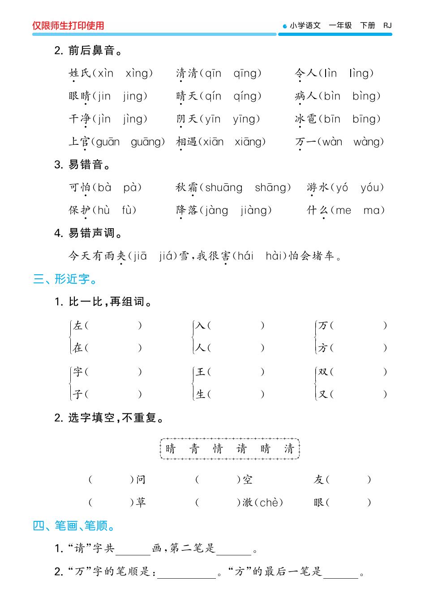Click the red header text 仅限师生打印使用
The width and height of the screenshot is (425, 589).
click(68, 26)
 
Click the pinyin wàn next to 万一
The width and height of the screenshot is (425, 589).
click(332, 142)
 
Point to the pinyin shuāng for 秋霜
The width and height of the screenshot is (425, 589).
click(223, 188)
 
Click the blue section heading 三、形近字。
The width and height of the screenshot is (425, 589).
click(65, 279)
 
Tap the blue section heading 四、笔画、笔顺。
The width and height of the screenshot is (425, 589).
click(74, 525)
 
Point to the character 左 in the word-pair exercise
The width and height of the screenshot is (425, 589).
click(78, 325)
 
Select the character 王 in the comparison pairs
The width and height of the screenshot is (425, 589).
click(201, 372)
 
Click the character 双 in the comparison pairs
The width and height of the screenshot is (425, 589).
click(323, 372)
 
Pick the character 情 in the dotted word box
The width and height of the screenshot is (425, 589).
click(218, 449)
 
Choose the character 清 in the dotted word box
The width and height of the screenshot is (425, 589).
click(289, 449)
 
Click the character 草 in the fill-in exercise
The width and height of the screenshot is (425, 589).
click(141, 502)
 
